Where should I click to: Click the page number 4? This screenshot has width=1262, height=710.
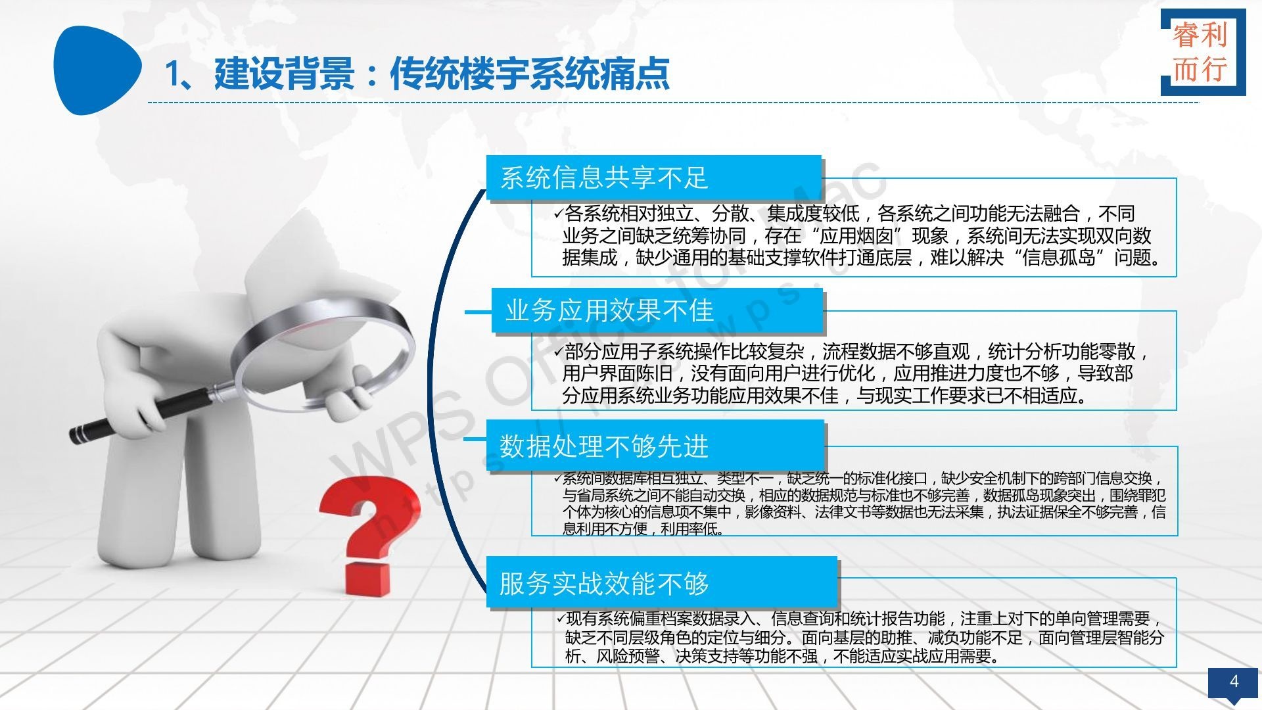[x=1234, y=681]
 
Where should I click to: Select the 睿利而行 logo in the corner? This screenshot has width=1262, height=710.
[x=1203, y=53]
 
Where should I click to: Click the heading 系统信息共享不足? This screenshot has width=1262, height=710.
[x=603, y=178]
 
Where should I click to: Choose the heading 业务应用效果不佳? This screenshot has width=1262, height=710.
[x=609, y=311]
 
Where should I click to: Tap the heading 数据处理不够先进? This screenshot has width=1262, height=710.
[x=604, y=446]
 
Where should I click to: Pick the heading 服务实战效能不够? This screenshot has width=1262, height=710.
[x=604, y=583]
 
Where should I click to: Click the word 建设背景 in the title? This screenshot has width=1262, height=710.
[x=284, y=73]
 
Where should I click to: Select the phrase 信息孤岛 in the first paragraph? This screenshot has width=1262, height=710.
[x=1058, y=257]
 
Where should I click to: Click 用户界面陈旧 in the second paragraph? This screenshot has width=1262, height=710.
[x=617, y=373]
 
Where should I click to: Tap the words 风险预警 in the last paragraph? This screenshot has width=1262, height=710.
[x=628, y=655]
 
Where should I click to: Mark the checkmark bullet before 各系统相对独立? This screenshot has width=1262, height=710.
[x=557, y=214]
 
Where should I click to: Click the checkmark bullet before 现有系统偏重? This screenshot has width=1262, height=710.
[x=560, y=618]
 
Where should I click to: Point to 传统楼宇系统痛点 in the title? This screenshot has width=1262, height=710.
[x=530, y=73]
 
